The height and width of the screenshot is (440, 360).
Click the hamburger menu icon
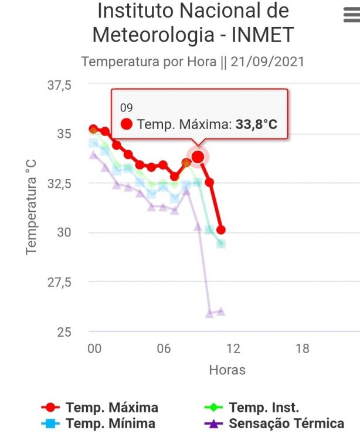(351, 16)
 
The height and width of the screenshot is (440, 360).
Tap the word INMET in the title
(262, 35)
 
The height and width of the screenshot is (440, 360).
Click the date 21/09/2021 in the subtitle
(269, 61)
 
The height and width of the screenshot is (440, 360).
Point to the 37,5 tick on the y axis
(59, 85)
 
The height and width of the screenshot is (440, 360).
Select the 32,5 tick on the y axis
(59, 184)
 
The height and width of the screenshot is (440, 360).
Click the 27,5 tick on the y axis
(59, 282)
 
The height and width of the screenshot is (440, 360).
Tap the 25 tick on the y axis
(64, 331)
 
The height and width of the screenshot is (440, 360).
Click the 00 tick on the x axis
(94, 348)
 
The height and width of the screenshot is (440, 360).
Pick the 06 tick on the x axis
(164, 348)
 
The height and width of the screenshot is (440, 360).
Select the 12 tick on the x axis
(233, 348)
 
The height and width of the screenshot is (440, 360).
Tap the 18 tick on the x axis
(302, 348)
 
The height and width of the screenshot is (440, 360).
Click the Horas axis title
(227, 370)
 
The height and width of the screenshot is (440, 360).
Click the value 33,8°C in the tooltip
(256, 124)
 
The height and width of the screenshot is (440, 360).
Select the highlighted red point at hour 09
(198, 157)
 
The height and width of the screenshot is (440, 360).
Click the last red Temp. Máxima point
(220, 230)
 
